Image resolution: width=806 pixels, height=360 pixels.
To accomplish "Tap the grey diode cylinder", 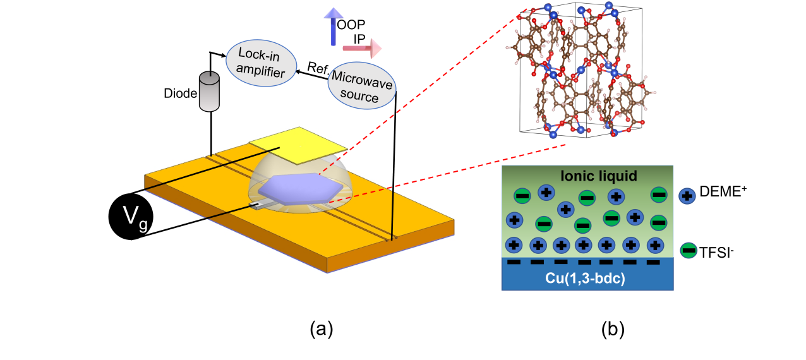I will (x=208, y=92).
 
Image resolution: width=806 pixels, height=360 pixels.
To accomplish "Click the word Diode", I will (x=179, y=93).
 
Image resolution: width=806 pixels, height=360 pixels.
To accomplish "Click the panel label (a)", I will (x=321, y=329).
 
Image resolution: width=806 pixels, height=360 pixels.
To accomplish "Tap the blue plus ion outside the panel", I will (x=687, y=196).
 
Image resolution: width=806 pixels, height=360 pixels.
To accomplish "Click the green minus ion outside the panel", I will (x=689, y=251).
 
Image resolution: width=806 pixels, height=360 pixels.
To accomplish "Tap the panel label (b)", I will (x=611, y=329).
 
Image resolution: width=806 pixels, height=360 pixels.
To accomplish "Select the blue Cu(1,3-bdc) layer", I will (x=587, y=275).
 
